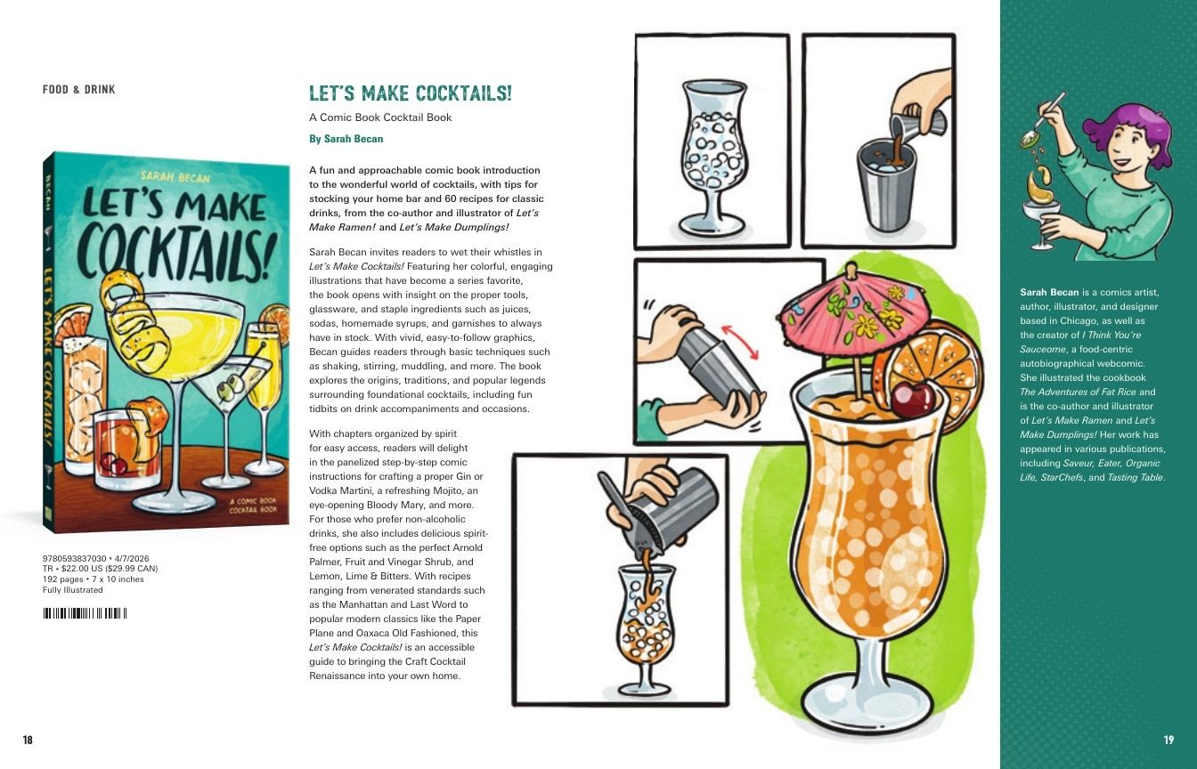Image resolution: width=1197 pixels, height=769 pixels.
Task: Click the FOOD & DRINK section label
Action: point(79,89)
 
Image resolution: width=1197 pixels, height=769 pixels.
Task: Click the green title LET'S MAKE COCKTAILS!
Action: point(411,93)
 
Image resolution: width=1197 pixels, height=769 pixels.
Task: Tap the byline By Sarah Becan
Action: point(346,139)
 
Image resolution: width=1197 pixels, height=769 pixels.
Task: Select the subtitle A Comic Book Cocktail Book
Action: point(380,117)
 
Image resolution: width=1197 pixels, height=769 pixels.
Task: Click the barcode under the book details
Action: point(85,613)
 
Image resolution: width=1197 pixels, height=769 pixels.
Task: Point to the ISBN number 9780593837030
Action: point(74,559)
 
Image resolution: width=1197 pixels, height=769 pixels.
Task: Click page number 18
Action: point(28,740)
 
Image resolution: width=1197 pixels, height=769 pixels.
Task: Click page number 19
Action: point(1168,740)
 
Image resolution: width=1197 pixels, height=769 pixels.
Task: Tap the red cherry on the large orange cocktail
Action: point(913,400)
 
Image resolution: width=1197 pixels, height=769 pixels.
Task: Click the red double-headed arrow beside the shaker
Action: point(739,342)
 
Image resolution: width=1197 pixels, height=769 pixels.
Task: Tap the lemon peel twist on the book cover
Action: point(130,321)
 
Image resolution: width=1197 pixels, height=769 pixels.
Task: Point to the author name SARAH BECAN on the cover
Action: point(175,177)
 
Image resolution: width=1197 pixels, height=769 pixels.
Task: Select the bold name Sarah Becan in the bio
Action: point(1049,293)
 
